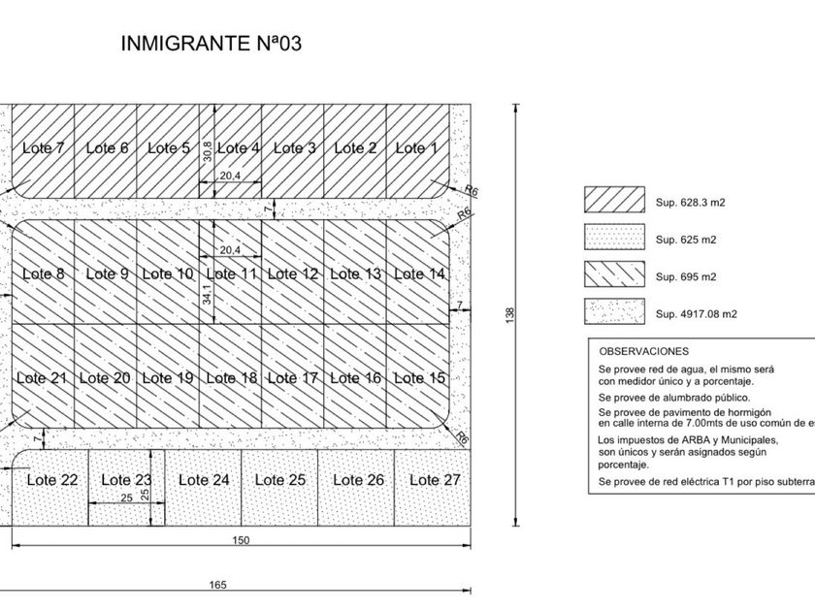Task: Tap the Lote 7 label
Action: point(44,148)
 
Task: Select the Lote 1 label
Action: point(416,148)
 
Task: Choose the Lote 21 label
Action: point(44,378)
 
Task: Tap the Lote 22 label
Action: point(52,479)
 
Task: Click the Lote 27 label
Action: point(435,479)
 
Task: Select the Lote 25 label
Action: point(282,479)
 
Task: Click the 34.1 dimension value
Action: point(208,294)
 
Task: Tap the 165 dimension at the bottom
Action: point(218,585)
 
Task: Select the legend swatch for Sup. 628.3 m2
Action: point(613,199)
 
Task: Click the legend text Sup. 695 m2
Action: point(686,276)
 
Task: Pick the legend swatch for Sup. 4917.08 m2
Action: point(613,311)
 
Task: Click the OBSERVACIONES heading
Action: point(643,351)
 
